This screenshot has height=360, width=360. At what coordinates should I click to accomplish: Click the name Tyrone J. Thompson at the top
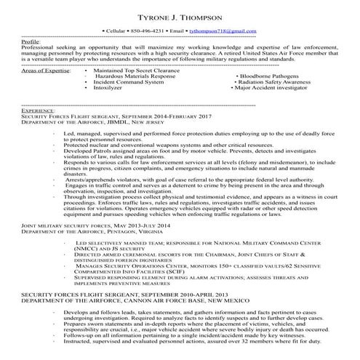coord(180,17)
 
